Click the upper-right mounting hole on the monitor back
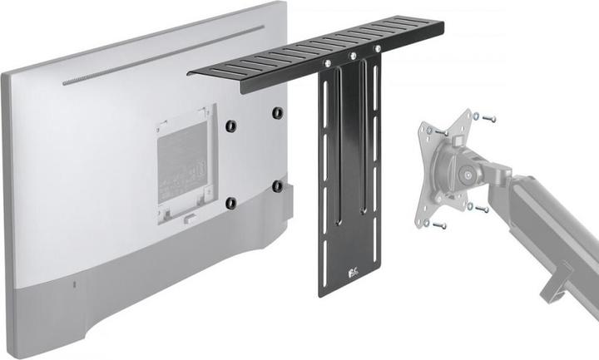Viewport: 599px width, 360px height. click(278, 111)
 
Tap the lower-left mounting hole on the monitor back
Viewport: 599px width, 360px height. click(231, 202)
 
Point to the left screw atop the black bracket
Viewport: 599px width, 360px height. click(329, 64)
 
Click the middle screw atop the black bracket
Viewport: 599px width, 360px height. click(353, 57)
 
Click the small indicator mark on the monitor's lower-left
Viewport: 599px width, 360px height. click(76, 284)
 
